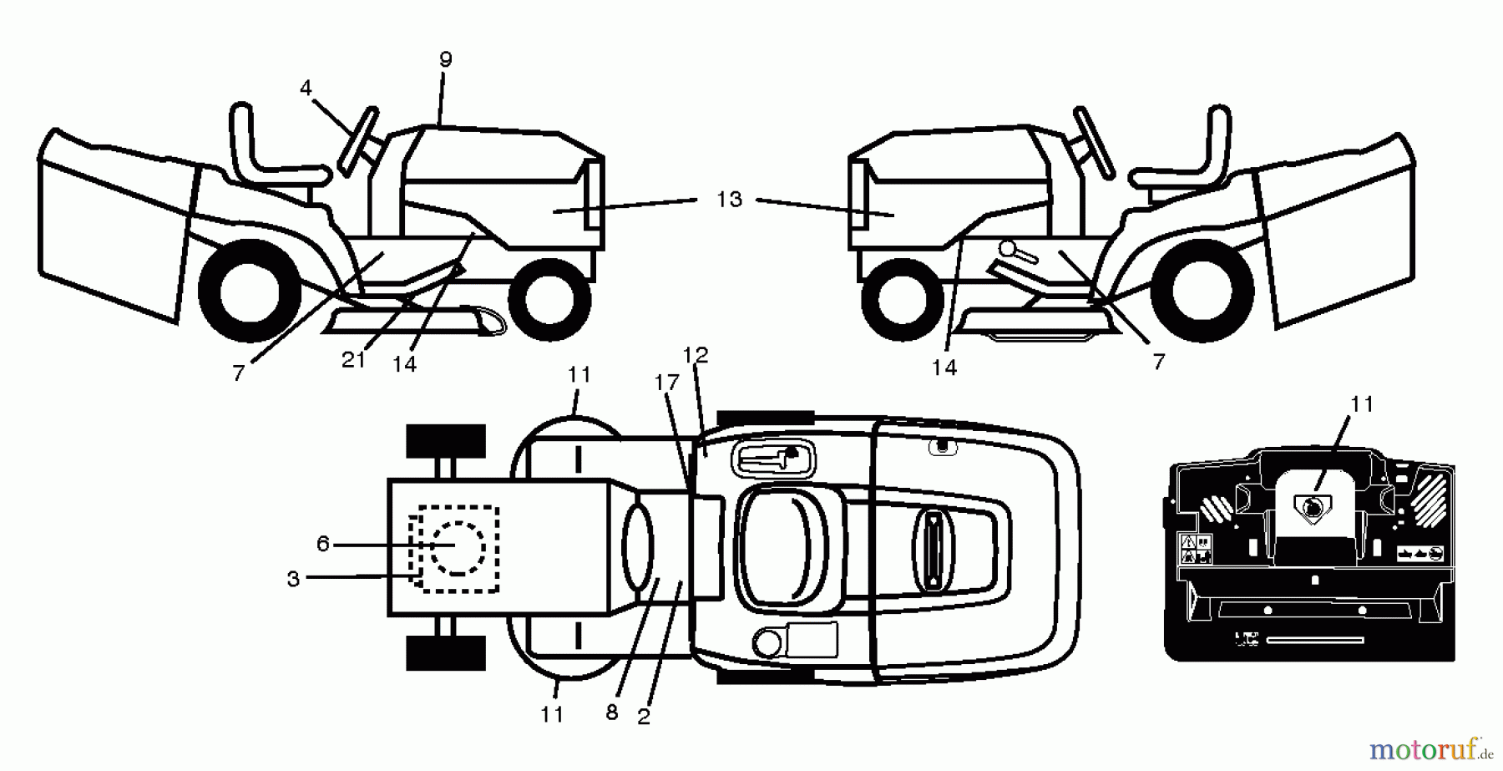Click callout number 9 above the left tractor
point(446,59)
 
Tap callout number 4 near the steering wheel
point(306,88)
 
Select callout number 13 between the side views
point(729,200)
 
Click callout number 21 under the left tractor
point(353,360)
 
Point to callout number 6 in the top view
point(323,545)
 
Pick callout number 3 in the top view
point(293,579)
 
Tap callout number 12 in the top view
point(695,356)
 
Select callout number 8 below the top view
point(612,712)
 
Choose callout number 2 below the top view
point(644,717)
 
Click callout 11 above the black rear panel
point(1362,404)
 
